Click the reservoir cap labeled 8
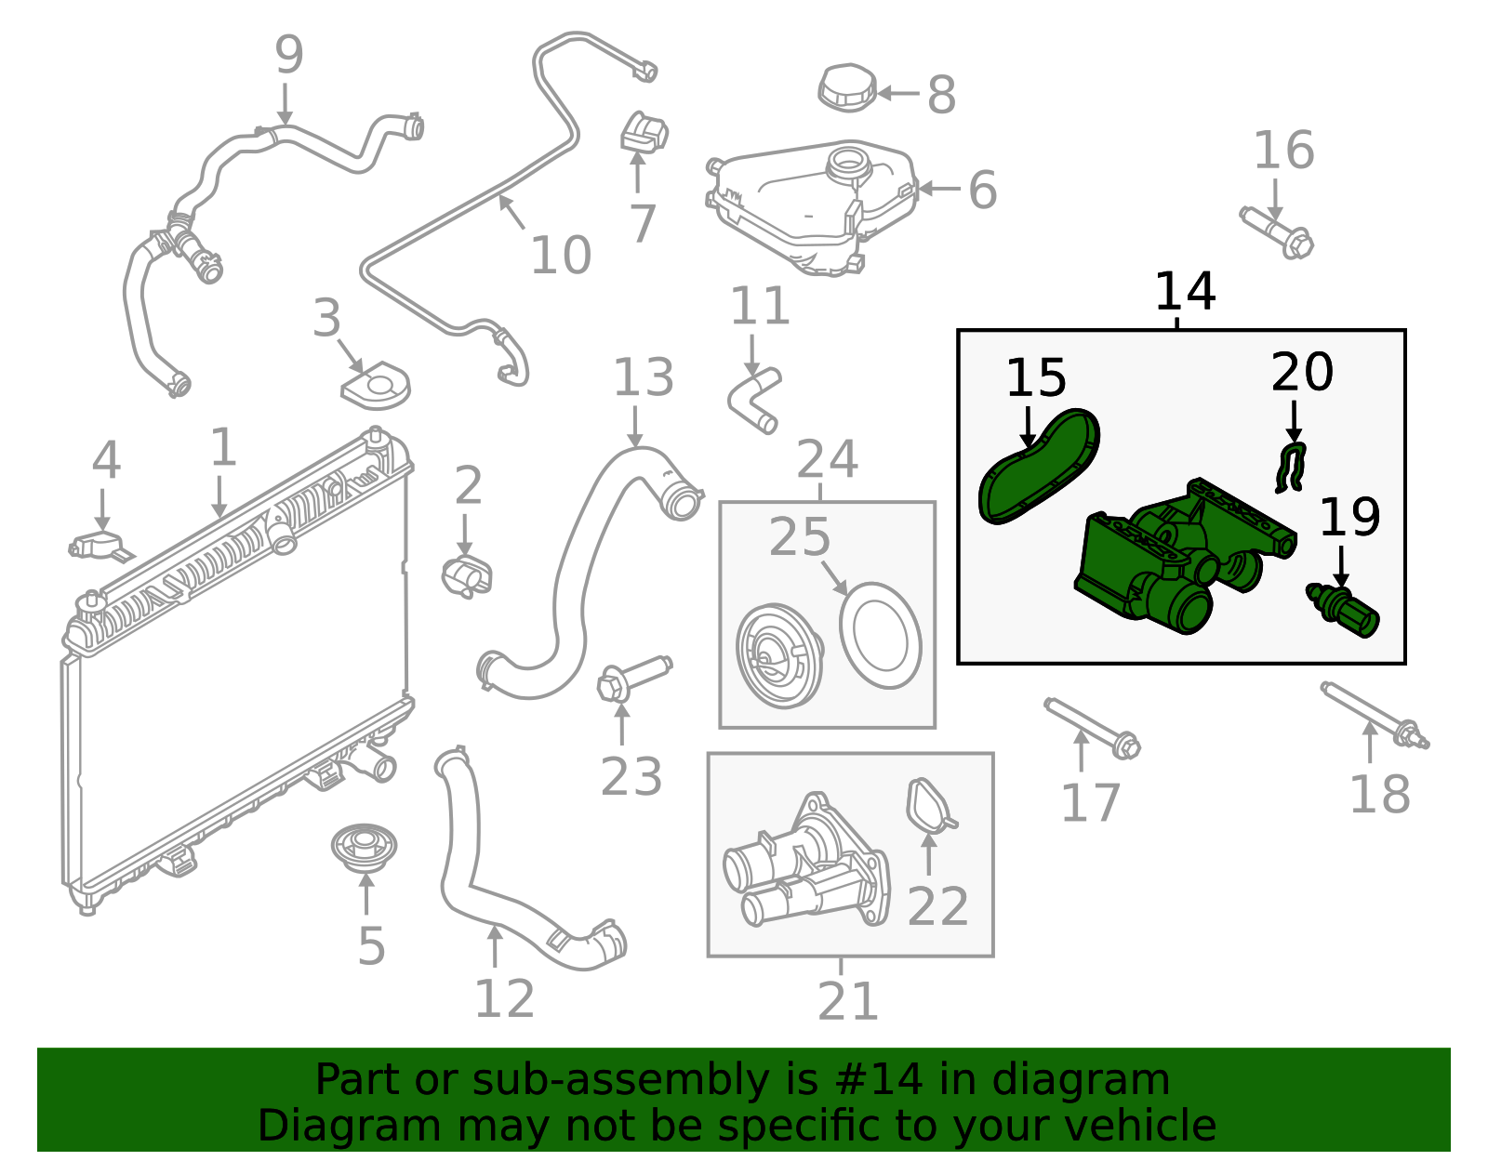click(847, 88)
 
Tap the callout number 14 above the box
click(1184, 292)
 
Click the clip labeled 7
click(644, 132)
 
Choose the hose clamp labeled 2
click(467, 575)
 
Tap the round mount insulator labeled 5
click(364, 847)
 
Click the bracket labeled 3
click(377, 386)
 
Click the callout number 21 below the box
click(847, 1002)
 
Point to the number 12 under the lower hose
click(504, 999)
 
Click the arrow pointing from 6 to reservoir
click(939, 189)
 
